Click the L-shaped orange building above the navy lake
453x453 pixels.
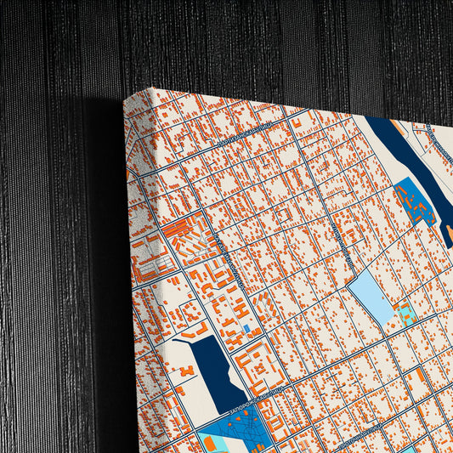tap(201, 328)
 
